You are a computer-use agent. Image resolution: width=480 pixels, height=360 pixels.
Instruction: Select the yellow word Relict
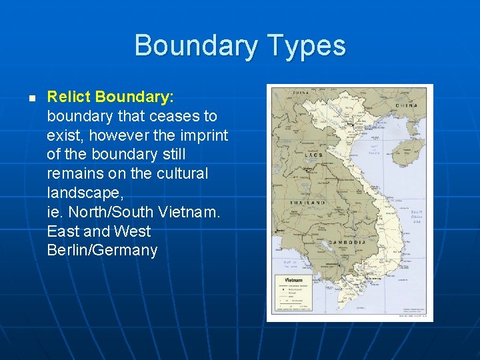(x=69, y=97)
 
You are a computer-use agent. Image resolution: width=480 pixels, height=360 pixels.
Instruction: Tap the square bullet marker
(x=31, y=97)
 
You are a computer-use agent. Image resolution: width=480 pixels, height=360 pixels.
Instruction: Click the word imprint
(x=202, y=135)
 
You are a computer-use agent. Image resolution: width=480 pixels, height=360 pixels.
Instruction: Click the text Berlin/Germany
(x=102, y=251)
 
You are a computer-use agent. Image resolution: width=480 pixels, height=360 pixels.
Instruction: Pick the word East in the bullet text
(x=62, y=231)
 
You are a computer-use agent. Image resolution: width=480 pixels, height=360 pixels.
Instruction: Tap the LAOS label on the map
(x=313, y=155)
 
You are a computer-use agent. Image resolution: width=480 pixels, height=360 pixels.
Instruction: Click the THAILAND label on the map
(x=307, y=202)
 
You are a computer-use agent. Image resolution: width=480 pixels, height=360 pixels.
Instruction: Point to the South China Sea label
(x=417, y=217)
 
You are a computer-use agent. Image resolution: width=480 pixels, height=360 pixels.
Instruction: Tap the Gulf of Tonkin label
(x=374, y=149)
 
